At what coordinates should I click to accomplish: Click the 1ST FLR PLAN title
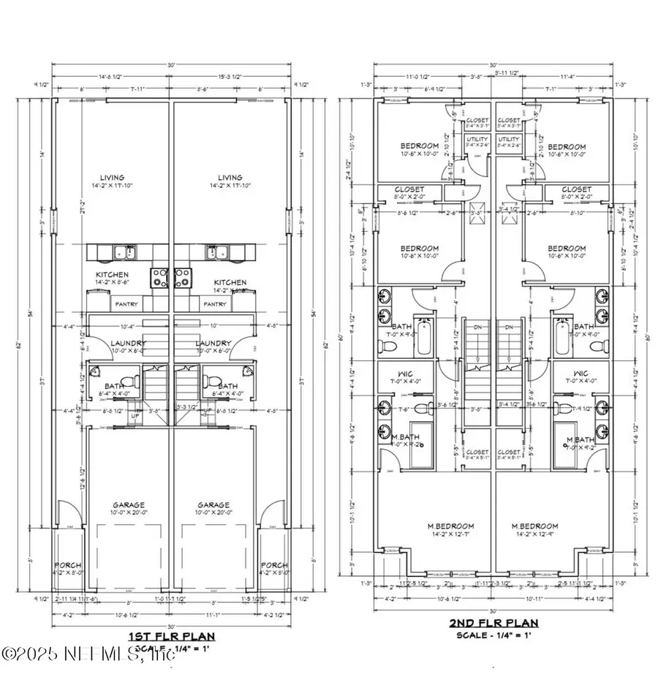(172, 635)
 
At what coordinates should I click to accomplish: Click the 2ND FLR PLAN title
(494, 624)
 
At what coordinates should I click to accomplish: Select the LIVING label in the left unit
(113, 178)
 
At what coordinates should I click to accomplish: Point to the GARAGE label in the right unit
(213, 505)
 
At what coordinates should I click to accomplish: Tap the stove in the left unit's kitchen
(160, 277)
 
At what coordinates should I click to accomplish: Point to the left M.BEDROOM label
(451, 526)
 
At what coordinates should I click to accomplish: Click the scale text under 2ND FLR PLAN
(494, 636)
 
